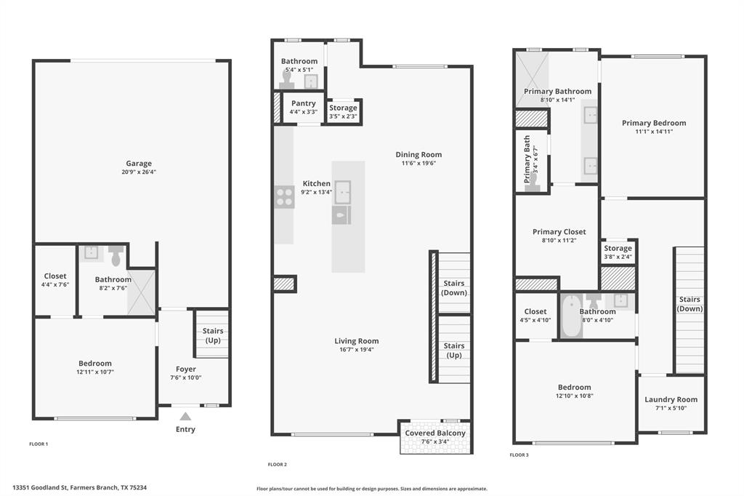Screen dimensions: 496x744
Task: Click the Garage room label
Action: click(x=138, y=164)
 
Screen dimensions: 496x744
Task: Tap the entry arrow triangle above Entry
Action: click(x=186, y=417)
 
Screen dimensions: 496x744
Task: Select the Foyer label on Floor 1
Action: click(x=186, y=369)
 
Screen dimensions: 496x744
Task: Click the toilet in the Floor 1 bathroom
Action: click(x=116, y=255)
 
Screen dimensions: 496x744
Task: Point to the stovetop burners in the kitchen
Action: click(x=284, y=197)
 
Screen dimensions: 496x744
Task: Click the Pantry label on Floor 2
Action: click(x=303, y=103)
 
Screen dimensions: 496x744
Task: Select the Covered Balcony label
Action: click(x=435, y=433)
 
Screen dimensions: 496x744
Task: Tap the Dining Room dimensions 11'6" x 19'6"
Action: click(x=418, y=163)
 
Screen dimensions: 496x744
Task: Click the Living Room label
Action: click(x=356, y=340)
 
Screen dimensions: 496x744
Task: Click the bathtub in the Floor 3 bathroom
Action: click(x=570, y=316)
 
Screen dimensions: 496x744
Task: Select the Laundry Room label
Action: click(x=671, y=399)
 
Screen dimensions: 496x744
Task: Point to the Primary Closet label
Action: click(x=559, y=232)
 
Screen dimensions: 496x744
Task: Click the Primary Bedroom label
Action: click(x=653, y=123)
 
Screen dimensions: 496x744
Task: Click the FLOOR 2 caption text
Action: click(x=277, y=464)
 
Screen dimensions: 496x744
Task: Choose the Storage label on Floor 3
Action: click(x=618, y=248)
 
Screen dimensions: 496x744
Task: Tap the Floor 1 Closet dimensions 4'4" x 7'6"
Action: click(x=55, y=284)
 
